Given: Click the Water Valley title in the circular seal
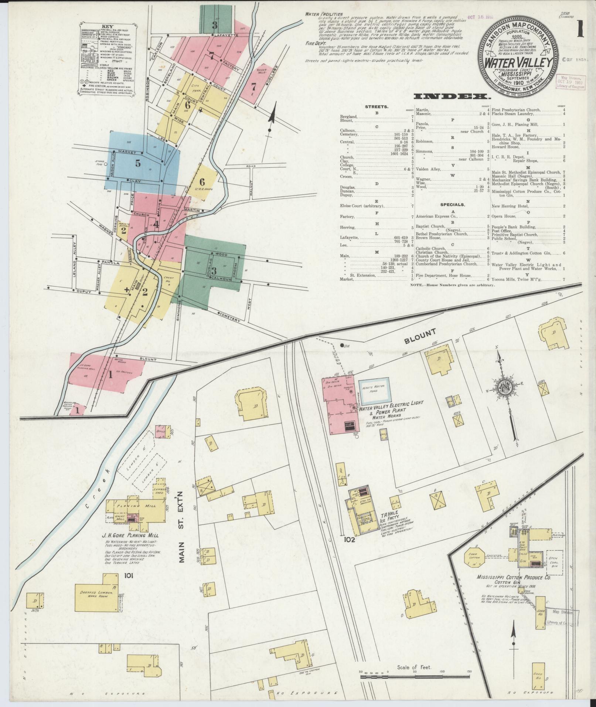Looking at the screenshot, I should [518, 62].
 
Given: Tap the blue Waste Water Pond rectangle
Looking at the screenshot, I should [374, 390].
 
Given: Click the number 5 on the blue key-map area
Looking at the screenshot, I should [138, 163].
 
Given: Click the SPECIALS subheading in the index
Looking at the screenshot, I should [453, 204].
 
